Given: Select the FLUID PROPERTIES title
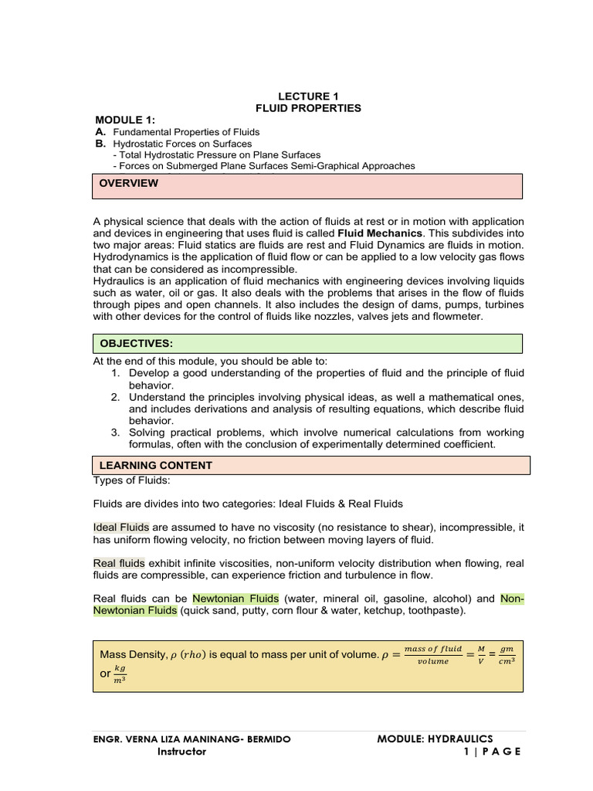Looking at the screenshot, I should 308,108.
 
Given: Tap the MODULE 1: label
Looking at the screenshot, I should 125,121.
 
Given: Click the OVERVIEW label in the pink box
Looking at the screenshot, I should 127,183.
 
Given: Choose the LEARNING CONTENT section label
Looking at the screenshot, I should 155,466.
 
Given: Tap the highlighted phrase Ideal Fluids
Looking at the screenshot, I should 117,527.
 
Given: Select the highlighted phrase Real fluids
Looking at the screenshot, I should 118,563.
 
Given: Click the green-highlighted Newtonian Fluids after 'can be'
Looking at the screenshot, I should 236,599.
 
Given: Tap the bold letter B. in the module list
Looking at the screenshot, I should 100,144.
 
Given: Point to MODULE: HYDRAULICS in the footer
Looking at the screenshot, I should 435,739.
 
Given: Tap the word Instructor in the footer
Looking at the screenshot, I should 181,752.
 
